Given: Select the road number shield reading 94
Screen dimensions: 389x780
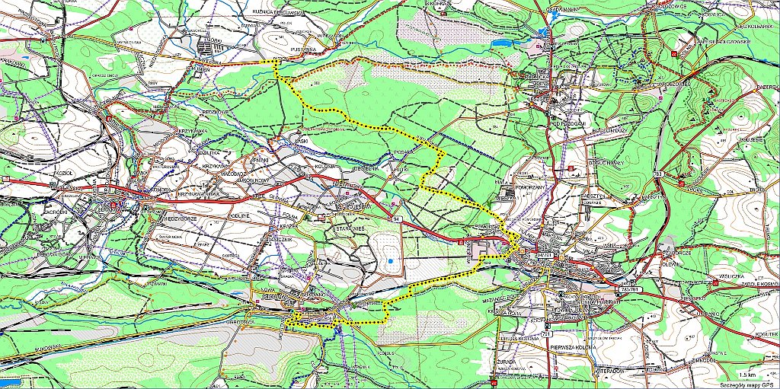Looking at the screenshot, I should point(396,219).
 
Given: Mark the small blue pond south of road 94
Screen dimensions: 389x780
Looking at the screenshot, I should point(389,262).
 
